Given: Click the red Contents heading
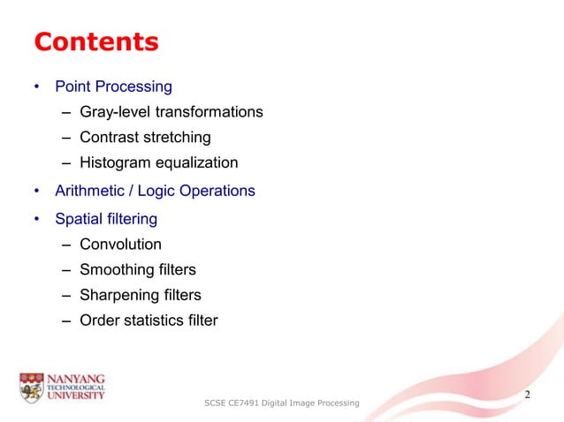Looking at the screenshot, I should click(95, 41).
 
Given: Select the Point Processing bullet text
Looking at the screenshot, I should click(113, 87).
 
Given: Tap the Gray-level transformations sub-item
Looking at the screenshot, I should click(171, 112).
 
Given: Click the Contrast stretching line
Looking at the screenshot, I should click(145, 138).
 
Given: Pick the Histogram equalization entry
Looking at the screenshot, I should click(159, 162).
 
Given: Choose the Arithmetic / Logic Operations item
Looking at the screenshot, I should click(155, 191).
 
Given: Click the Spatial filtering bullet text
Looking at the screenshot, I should click(106, 217).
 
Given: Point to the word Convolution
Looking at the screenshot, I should click(120, 244).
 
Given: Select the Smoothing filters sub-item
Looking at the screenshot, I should click(138, 269).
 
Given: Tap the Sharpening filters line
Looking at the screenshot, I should click(141, 295).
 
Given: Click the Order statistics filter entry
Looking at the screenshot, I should click(149, 320).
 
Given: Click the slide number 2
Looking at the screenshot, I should click(528, 394).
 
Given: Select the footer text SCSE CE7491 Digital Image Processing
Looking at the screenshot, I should click(281, 403).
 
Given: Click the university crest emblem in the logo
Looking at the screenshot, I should click(30, 385).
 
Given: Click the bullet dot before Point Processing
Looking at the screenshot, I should click(36, 87).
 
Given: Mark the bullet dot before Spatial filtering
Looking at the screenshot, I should click(36, 218).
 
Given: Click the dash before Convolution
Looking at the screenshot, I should click(67, 245).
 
